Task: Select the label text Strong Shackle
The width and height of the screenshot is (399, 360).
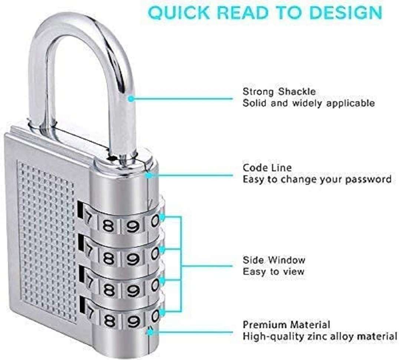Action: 279,91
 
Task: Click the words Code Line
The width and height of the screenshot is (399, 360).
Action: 267,168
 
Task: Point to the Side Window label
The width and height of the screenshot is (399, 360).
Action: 274,260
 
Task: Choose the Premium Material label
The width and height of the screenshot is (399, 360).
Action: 286,325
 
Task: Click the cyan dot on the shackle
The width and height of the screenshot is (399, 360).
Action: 131,99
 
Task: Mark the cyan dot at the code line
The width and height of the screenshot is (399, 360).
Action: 149,175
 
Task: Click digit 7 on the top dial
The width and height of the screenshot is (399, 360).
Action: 88,218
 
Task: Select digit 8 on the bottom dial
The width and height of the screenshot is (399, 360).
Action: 109,321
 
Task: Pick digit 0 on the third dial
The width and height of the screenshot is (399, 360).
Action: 155,285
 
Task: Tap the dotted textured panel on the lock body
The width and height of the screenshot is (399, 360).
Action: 47,241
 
